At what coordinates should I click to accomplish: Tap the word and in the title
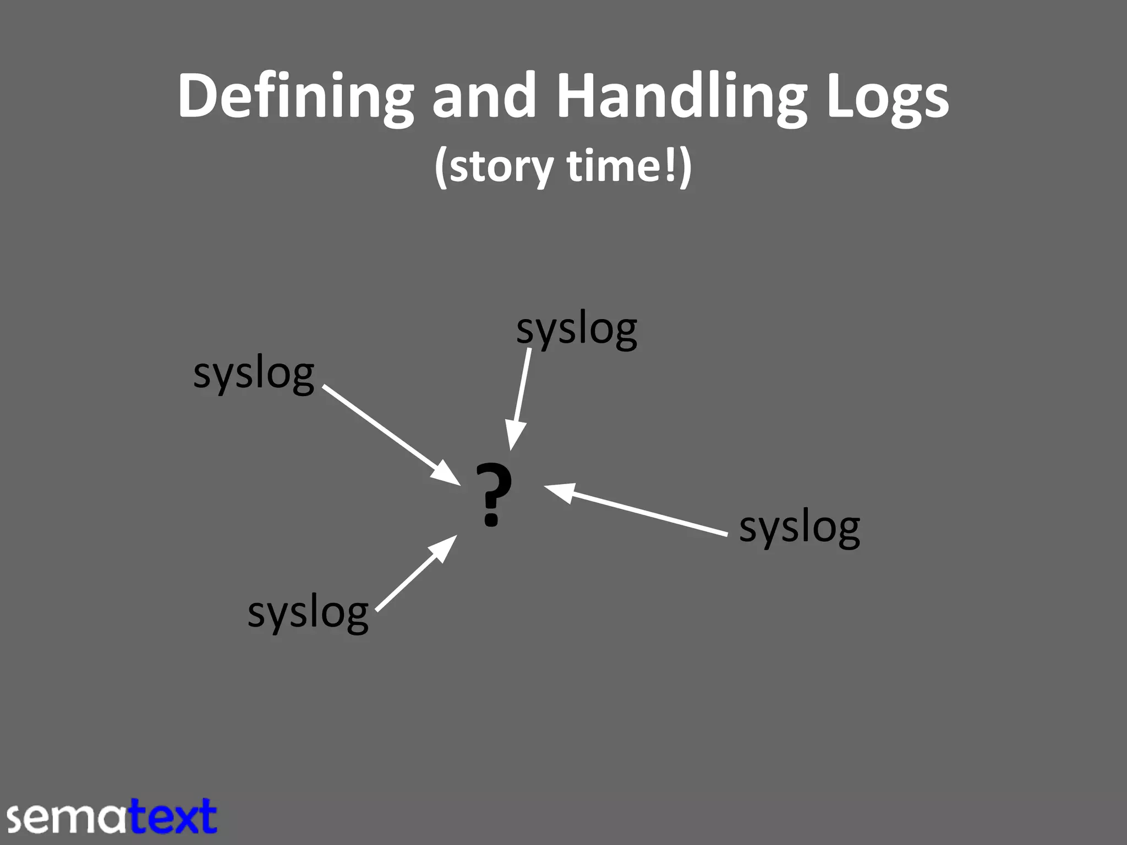[x=484, y=96]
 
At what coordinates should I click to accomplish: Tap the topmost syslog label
[x=576, y=330]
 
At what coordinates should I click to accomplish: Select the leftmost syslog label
[x=254, y=374]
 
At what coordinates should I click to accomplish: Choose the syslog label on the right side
[x=799, y=528]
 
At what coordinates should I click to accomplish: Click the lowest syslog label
[x=308, y=613]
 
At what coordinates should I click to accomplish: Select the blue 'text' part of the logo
[x=173, y=816]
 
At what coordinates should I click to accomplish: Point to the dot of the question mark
[x=491, y=518]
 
